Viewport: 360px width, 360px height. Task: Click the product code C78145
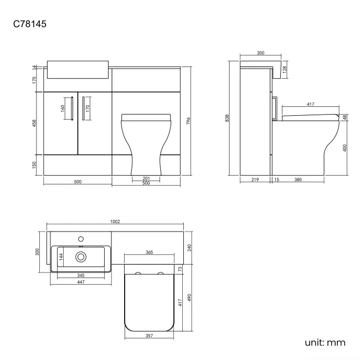29,24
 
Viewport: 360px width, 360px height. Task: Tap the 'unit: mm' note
325,342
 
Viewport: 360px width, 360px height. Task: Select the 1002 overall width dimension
115,222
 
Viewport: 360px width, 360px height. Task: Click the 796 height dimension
188,121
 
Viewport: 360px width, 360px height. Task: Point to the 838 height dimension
227,118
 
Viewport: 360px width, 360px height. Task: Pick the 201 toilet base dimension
146,178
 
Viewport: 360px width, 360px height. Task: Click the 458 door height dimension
34,124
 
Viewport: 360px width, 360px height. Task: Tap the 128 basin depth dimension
285,70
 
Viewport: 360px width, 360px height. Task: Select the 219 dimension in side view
255,179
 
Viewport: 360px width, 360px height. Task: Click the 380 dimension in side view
298,179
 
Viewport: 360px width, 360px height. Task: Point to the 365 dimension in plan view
149,253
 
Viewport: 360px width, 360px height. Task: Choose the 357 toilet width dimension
149,336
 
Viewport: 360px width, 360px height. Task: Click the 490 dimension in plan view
189,297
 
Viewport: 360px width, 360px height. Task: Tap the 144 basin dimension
61,256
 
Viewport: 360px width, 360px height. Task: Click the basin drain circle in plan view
81,257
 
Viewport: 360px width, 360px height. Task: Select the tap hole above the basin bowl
81,239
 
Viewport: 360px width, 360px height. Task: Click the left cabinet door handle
72,108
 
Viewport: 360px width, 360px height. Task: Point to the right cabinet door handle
83,108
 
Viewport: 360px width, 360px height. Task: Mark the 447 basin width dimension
81,282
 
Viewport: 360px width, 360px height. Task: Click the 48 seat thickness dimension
344,117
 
